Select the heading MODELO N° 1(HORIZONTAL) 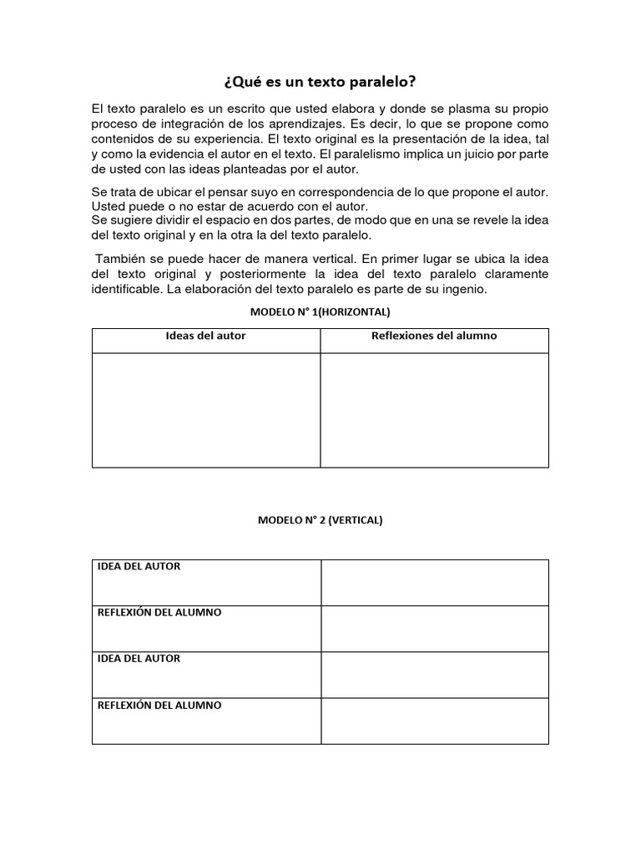click(x=320, y=311)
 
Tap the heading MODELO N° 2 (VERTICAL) click(x=320, y=519)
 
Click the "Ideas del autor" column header click(x=205, y=336)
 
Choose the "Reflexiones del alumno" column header click(x=434, y=336)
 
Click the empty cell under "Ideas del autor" click(x=205, y=409)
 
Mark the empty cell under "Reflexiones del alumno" click(x=434, y=409)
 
